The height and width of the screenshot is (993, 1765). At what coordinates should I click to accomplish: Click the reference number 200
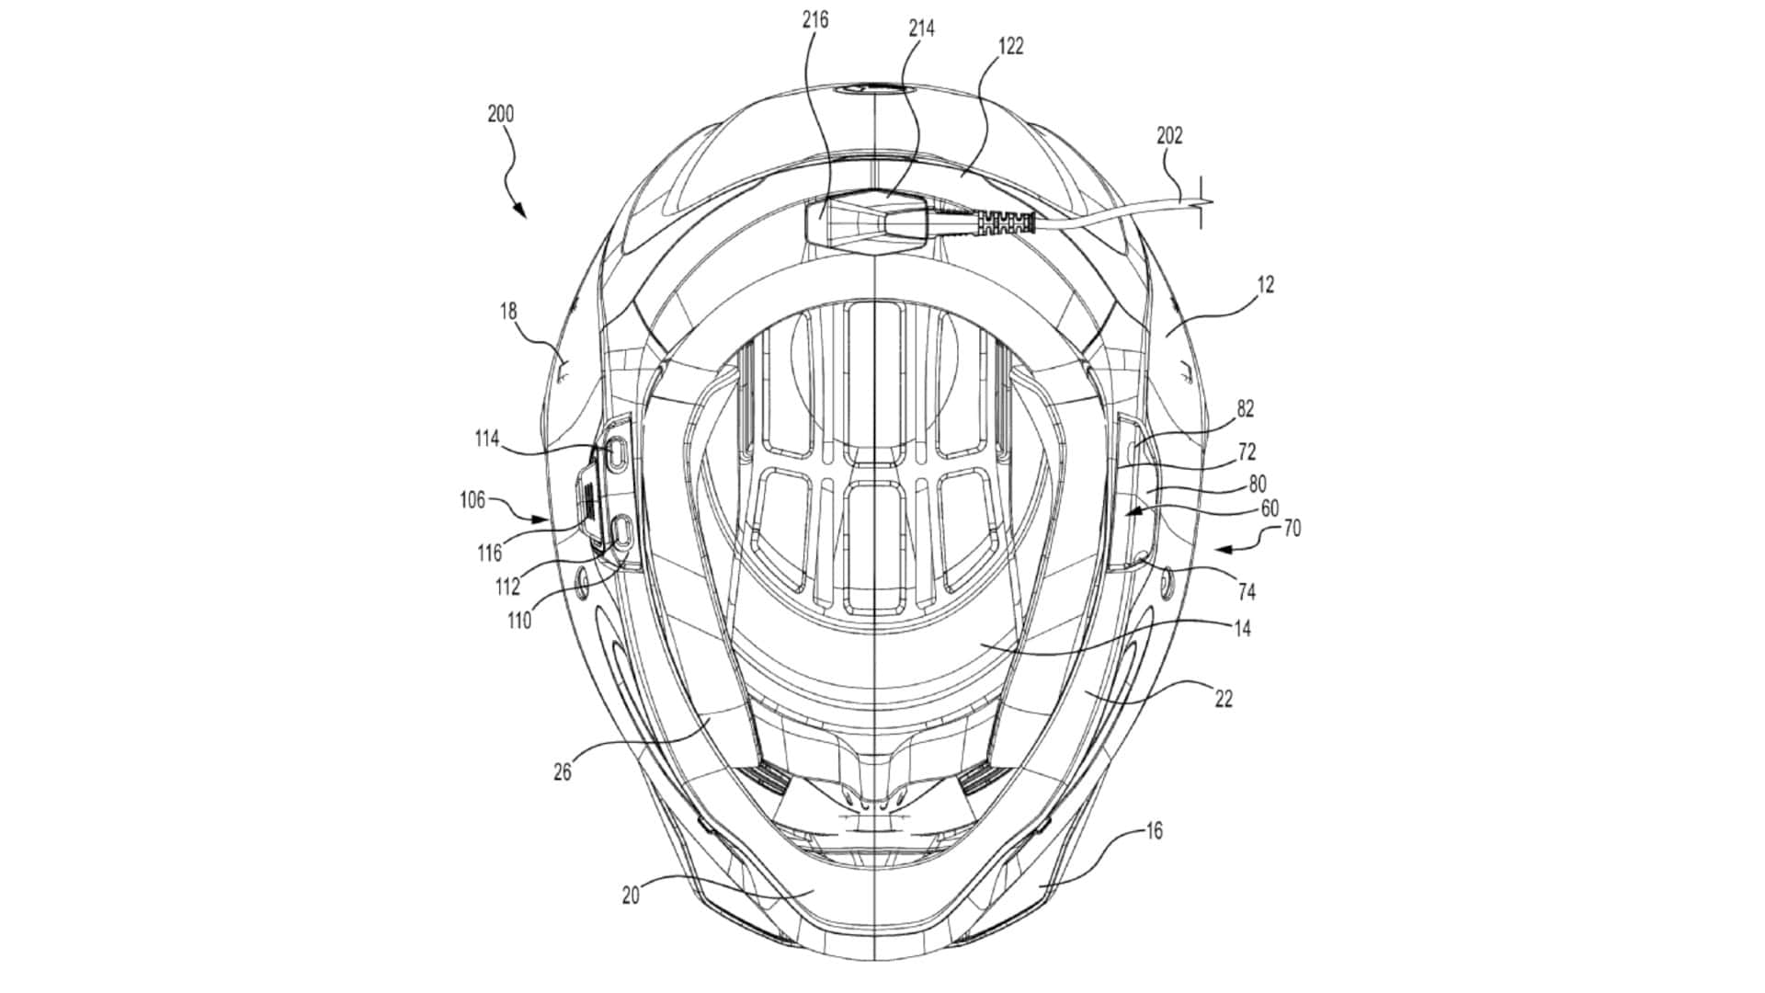(x=501, y=115)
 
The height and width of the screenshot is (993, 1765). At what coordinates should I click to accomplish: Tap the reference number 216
(x=814, y=19)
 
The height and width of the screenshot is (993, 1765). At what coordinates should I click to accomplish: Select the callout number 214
(x=921, y=29)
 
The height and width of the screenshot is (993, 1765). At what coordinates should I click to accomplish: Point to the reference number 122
(x=1010, y=46)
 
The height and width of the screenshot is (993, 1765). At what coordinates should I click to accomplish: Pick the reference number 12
(x=1266, y=285)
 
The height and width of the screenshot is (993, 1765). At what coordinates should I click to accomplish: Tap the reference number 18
(x=508, y=312)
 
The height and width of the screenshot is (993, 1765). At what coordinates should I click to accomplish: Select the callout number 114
(x=486, y=439)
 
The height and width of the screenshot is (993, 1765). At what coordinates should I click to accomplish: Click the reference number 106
(x=473, y=500)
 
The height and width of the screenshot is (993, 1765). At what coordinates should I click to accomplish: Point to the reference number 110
(x=518, y=621)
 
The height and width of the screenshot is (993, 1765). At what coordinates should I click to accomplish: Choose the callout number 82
(x=1246, y=409)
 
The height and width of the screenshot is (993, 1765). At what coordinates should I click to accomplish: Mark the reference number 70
(x=1292, y=530)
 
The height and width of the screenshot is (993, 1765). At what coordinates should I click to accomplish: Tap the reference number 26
(x=562, y=772)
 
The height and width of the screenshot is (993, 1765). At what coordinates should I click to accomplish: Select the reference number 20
(x=631, y=895)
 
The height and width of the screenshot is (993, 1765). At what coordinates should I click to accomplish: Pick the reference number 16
(x=1155, y=831)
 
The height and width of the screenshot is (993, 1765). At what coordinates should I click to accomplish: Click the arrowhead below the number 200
(x=520, y=211)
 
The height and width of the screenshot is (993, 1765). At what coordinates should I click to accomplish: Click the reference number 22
(x=1223, y=700)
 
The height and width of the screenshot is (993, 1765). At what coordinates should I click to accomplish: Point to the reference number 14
(x=1242, y=630)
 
